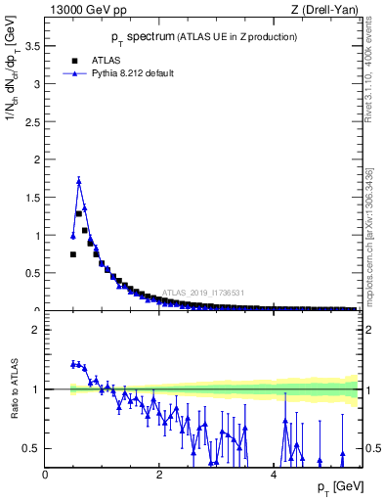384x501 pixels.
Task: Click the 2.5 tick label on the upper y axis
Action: click(34, 121)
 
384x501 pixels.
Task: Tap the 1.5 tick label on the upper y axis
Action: click(34, 198)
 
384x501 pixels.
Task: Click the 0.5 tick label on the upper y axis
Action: click(34, 273)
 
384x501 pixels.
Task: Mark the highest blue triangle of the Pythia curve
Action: click(79, 181)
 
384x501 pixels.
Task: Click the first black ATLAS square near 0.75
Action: click(73, 254)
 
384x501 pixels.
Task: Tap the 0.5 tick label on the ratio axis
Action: click(34, 448)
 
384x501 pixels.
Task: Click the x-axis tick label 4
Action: click(273, 475)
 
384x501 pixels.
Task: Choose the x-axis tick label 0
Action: click(45, 475)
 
